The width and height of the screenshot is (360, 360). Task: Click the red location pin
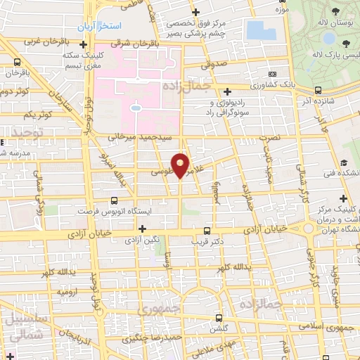click(181, 165)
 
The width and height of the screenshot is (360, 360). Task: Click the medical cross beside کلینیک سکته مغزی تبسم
click(84, 44)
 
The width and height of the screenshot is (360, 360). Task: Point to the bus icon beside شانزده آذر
click(319, 89)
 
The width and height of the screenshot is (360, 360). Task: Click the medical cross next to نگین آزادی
click(143, 229)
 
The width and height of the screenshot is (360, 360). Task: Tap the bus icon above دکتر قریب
click(206, 231)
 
